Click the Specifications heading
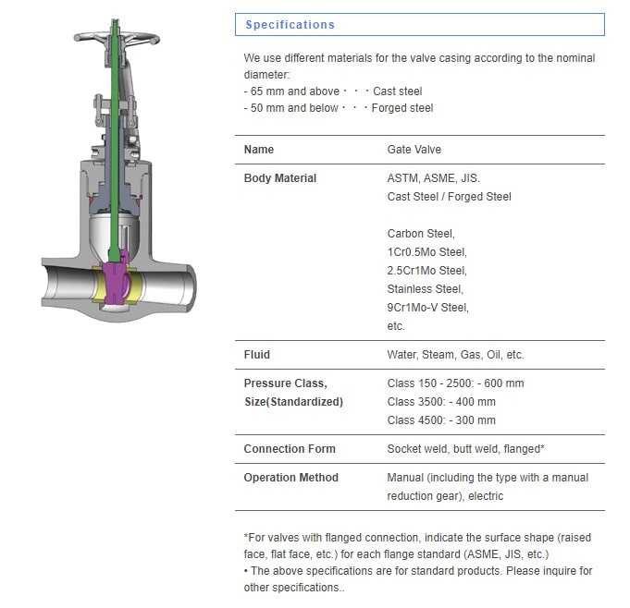click(290, 25)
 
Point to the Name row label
click(259, 150)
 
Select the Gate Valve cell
click(414, 150)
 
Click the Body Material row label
click(279, 178)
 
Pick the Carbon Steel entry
click(421, 234)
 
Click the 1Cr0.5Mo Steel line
click(427, 252)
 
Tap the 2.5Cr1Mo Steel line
click(427, 271)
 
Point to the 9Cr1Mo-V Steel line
click(428, 308)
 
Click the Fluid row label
click(257, 355)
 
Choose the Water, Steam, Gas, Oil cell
click(455, 355)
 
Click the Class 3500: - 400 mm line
click(441, 402)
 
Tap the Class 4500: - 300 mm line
click(441, 420)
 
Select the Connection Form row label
click(290, 449)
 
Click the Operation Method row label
click(290, 478)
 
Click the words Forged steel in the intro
click(402, 108)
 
